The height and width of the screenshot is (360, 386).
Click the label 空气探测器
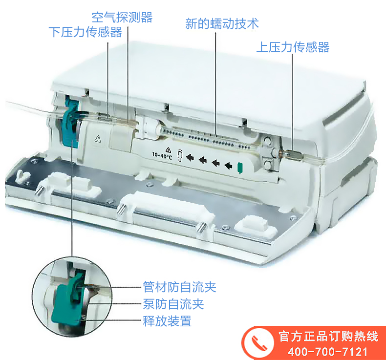tap(122, 17)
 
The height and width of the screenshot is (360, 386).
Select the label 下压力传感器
tap(86, 32)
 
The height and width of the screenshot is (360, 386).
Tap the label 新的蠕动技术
tap(222, 23)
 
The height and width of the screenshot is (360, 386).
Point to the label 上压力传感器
tap(293, 47)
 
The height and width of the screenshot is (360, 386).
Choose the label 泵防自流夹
tap(173, 304)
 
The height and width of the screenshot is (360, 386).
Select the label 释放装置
tap(167, 321)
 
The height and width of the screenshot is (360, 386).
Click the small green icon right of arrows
tap(240, 168)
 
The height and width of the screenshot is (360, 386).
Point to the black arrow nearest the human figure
tap(191, 158)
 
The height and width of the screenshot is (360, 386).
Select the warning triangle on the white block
tap(97, 139)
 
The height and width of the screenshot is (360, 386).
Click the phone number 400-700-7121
tap(327, 351)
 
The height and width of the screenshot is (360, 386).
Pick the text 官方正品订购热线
tap(327, 337)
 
